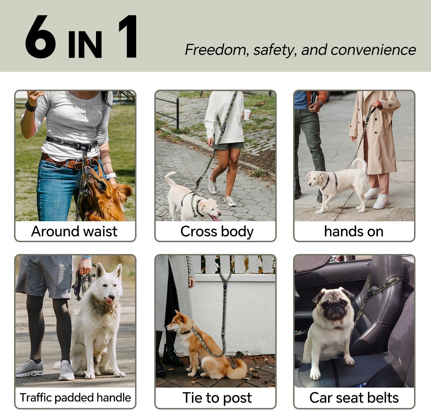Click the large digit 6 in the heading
point(40,36)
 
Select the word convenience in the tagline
point(373,50)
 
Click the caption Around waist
point(74,231)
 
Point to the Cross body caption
point(217,232)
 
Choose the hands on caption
point(354,231)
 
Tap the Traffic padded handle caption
point(75,398)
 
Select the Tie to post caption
point(217,398)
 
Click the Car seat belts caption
point(354,398)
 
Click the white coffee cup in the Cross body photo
point(247,114)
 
